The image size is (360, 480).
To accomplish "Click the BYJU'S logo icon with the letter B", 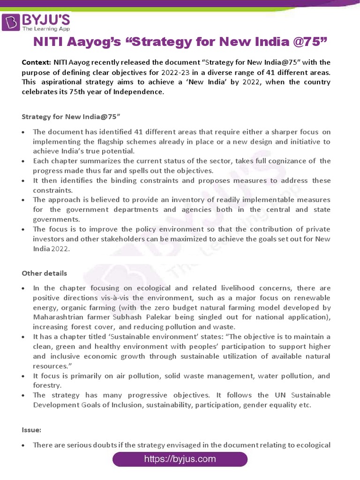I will click(11, 22).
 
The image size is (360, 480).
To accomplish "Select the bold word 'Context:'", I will click(37, 62).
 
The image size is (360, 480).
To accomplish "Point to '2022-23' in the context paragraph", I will click(176, 72).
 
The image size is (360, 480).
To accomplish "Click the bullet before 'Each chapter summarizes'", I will click(24, 161).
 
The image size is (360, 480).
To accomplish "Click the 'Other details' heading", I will click(45, 273).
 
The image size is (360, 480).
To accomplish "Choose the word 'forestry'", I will click(46, 385).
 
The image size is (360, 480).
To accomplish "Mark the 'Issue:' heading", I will click(31, 429).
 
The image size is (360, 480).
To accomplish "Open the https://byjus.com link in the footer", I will click(180, 459).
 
